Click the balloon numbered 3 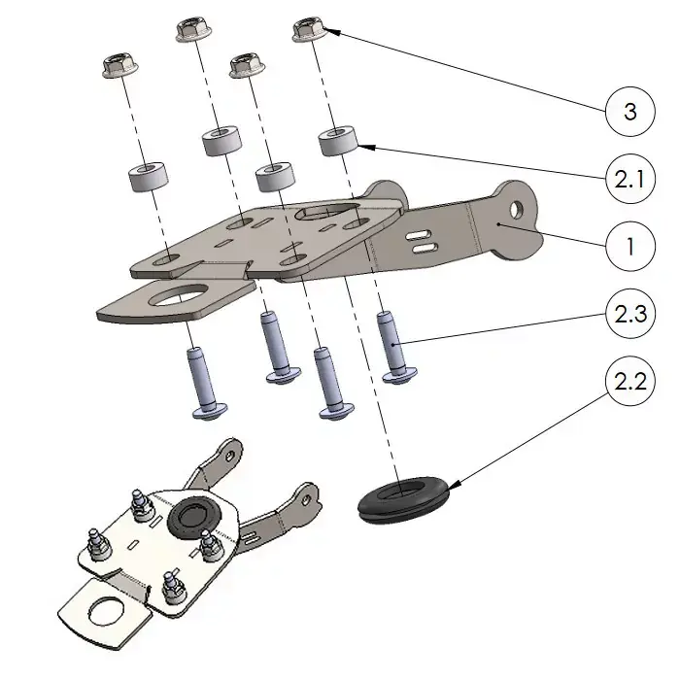(x=629, y=112)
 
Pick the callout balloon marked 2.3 (x=629, y=314)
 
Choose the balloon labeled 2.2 (x=629, y=381)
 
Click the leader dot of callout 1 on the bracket (x=497, y=224)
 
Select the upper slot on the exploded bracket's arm (x=422, y=236)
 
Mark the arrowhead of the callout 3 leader (x=327, y=31)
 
